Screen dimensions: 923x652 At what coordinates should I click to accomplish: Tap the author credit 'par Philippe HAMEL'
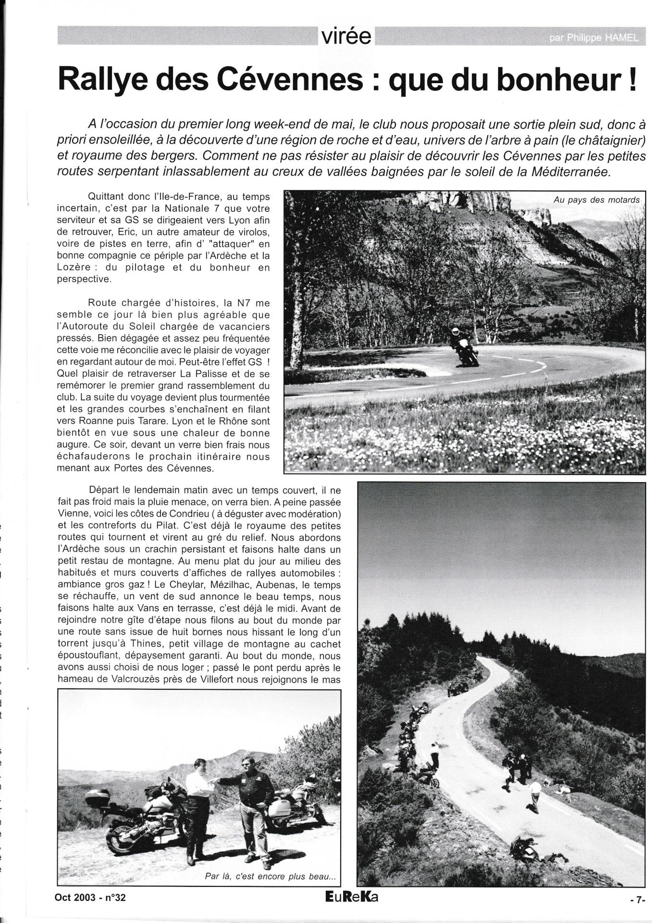click(x=594, y=38)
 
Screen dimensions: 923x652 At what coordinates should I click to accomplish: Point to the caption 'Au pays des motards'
click(x=596, y=200)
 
